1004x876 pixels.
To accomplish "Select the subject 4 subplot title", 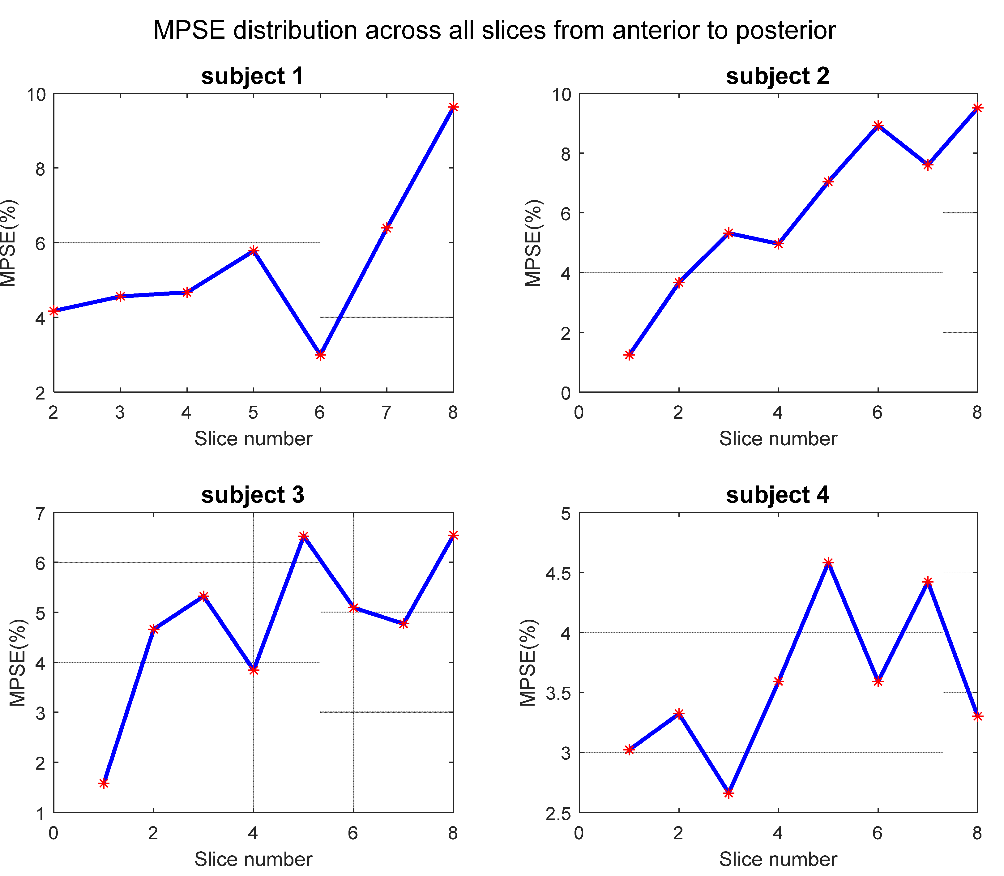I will [x=777, y=495].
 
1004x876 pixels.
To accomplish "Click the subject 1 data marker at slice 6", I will [x=320, y=354].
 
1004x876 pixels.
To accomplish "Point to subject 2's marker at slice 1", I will [x=629, y=355].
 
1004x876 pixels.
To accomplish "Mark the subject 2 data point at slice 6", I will [x=878, y=126].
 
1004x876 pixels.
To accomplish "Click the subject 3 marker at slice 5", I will [x=304, y=536].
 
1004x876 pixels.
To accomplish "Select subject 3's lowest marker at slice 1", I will [x=104, y=783].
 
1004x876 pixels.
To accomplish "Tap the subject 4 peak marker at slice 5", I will [x=828, y=563].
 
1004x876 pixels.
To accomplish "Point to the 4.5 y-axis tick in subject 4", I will [x=558, y=573].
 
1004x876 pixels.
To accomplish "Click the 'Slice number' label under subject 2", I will [x=778, y=438].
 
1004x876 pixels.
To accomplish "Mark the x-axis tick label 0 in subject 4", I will [x=579, y=833].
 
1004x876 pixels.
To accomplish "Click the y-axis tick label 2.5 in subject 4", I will [x=558, y=814].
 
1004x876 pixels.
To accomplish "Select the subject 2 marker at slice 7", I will [x=928, y=165].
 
